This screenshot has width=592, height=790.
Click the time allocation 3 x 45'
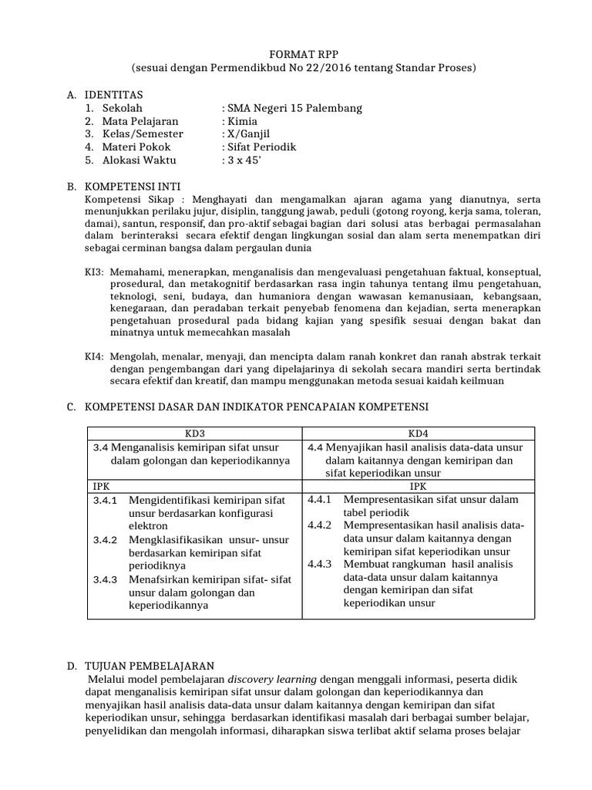coord(240,160)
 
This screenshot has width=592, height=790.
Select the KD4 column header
coord(417,433)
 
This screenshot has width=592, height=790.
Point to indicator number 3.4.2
coord(104,539)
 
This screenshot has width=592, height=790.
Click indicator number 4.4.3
coord(319,564)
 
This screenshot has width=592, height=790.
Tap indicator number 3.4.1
coord(104,500)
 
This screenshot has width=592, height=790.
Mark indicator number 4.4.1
coord(319,499)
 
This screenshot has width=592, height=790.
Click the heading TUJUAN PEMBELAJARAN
coord(149,665)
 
